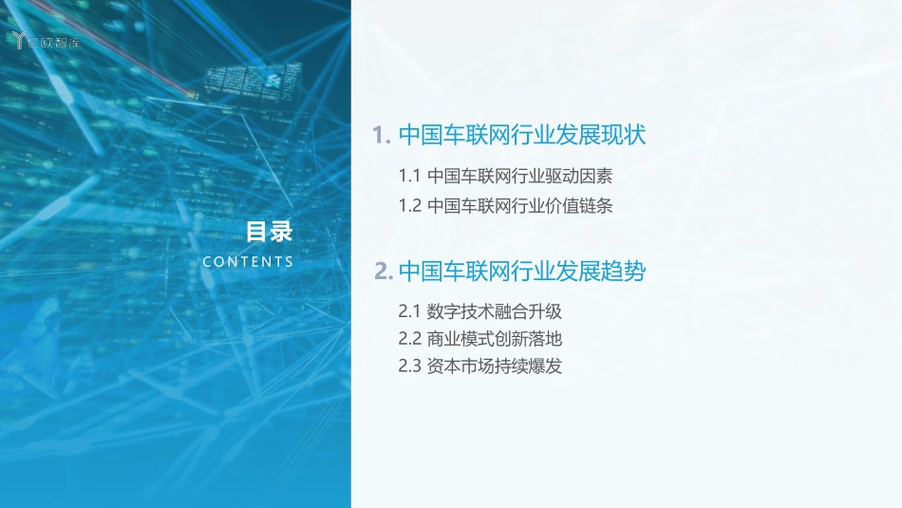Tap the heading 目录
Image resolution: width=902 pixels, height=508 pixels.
coord(269,232)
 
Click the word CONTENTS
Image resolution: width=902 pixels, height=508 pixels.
coord(248,262)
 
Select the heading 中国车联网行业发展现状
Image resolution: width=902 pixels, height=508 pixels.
coord(522,135)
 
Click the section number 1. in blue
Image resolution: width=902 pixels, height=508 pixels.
coord(383,136)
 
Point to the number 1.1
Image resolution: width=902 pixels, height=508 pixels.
coord(409,176)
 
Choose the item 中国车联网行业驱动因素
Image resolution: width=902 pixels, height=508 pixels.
coord(520,176)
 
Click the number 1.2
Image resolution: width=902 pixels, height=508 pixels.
coord(409,205)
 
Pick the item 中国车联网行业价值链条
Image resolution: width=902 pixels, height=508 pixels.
coord(520,205)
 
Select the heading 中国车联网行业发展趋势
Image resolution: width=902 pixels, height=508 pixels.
coord(522,272)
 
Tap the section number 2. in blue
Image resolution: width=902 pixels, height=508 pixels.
coord(384,273)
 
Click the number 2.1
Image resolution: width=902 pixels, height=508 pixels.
coord(409,310)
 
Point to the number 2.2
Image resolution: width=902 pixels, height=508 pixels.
coord(409,338)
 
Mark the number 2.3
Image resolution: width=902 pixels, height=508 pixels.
coord(409,366)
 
